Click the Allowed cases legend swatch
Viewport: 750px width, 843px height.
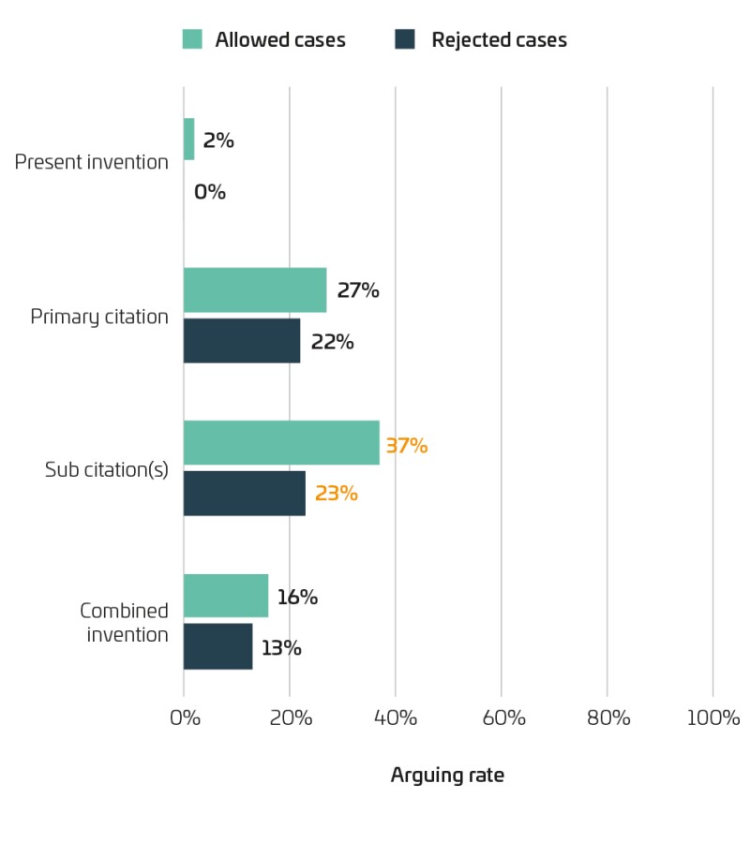pos(192,39)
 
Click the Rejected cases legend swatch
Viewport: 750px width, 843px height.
pos(404,39)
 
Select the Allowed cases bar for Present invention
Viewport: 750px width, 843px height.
pos(188,139)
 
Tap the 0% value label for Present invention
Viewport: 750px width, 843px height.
pos(210,192)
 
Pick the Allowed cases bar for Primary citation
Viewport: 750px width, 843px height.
pos(255,290)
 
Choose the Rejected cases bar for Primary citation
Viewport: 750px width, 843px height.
pos(242,341)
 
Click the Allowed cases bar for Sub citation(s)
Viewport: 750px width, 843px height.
pos(281,443)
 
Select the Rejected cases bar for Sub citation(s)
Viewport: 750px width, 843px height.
pos(245,494)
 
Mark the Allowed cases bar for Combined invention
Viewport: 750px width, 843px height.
pos(226,597)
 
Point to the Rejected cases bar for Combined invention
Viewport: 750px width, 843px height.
pos(217,647)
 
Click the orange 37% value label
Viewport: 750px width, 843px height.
pos(406,446)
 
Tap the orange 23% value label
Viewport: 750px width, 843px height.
pos(336,494)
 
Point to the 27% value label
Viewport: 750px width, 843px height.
pos(357,290)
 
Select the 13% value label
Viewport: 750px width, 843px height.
pos(281,647)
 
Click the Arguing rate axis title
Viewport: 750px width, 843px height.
pos(447,776)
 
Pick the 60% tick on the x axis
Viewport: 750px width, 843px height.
pos(502,718)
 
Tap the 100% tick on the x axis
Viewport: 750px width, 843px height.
pos(713,718)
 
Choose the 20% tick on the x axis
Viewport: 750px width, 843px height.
pos(290,718)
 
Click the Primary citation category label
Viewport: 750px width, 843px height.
pos(99,317)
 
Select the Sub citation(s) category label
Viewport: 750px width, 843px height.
pos(107,469)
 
